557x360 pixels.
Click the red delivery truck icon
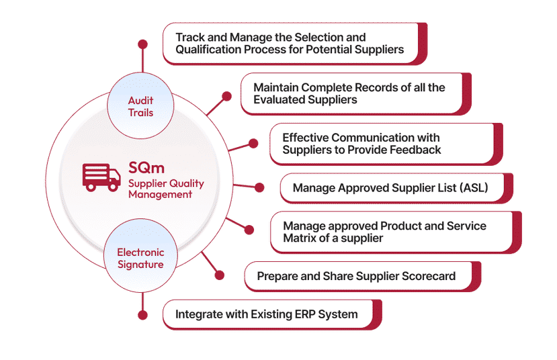pos(101,175)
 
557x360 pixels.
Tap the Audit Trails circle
pos(140,106)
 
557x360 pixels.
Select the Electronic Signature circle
pos(140,259)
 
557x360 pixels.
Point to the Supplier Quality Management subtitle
pos(166,189)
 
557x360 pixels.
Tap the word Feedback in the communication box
pos(415,150)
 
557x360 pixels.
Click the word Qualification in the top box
pos(210,49)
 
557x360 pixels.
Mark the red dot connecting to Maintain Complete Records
pos(226,97)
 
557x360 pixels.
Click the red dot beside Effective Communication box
pos(253,142)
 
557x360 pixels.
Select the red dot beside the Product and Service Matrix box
pos(249,230)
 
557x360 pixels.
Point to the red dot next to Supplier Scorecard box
pos(220,273)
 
